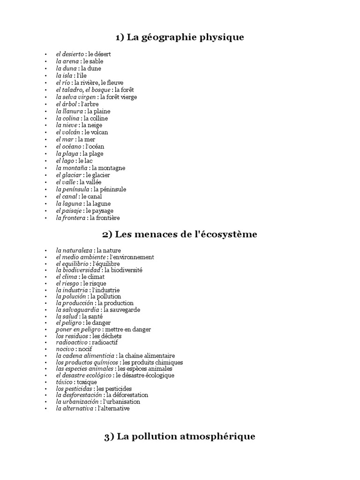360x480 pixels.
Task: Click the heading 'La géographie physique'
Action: tap(180, 37)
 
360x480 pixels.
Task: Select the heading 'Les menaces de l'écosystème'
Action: tap(180, 234)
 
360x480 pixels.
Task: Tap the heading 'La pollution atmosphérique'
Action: tap(180, 436)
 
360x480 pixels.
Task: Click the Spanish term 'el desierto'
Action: tap(69, 54)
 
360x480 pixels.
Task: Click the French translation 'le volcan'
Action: tap(96, 132)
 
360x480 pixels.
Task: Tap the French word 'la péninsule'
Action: tap(110, 189)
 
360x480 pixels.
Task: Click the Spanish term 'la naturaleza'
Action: tap(74, 251)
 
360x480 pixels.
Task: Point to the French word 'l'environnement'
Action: tap(132, 257)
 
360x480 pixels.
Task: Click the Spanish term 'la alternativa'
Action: tap(74, 408)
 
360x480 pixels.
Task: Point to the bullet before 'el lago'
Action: tap(45, 161)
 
